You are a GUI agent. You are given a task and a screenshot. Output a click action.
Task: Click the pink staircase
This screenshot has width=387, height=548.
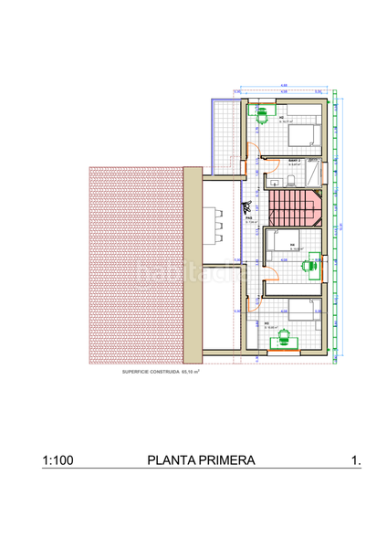coord(295,208)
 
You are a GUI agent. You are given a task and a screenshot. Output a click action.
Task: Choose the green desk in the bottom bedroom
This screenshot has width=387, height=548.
coord(285,339)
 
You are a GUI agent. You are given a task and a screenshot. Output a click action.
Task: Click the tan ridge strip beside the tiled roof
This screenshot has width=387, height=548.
coord(193,265)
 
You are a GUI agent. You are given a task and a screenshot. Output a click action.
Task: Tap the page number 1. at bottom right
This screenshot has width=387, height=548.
coord(355,461)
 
